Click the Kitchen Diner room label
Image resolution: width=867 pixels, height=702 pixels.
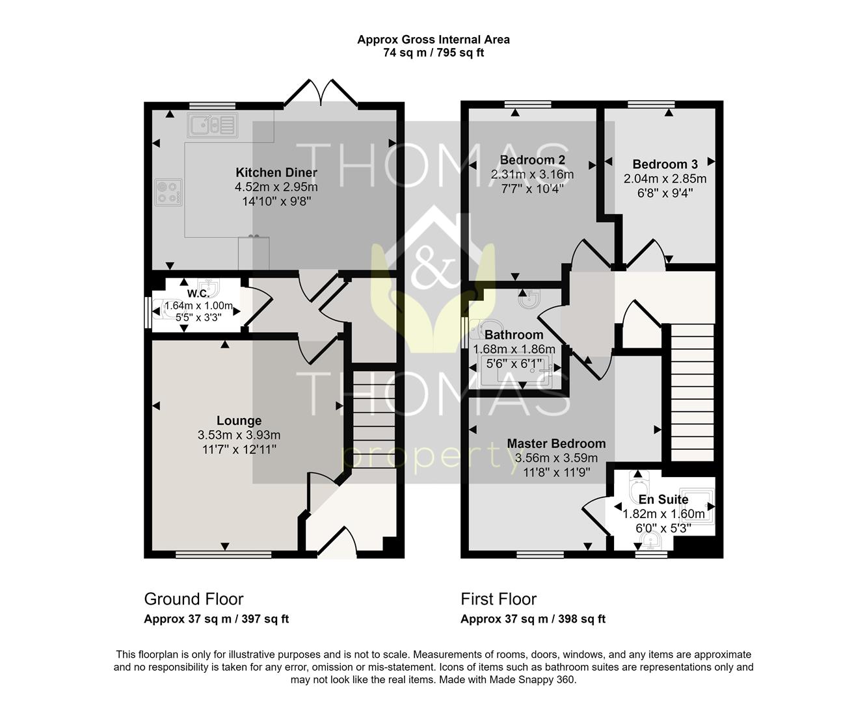click(276, 172)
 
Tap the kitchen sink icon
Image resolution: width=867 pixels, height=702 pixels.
click(212, 125)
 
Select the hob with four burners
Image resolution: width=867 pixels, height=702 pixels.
click(168, 192)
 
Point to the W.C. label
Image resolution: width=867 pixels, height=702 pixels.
click(198, 293)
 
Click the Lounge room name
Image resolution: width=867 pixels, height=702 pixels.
click(239, 421)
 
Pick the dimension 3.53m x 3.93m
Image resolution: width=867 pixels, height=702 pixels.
click(239, 435)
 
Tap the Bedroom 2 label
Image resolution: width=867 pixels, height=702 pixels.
click(533, 160)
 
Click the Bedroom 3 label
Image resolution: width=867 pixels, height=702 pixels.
click(665, 164)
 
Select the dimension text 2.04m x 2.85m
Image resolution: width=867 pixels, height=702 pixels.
click(665, 179)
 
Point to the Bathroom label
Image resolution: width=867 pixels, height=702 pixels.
click(514, 335)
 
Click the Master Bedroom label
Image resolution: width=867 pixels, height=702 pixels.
click(556, 443)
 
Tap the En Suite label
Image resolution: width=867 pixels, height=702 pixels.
click(663, 499)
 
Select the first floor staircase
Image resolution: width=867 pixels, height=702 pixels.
click(692, 393)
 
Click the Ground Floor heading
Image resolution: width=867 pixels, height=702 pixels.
click(194, 599)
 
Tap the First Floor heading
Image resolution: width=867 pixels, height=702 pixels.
click(499, 599)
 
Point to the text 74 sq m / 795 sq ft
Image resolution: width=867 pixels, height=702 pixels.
click(433, 53)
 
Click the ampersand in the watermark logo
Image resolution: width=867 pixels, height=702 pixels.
click(433, 266)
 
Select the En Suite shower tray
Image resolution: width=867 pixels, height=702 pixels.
click(696, 506)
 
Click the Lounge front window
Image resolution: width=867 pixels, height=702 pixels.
click(224, 554)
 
